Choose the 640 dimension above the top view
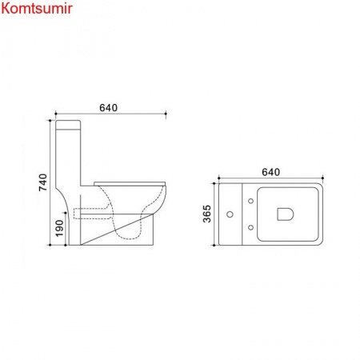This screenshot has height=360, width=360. click(x=272, y=170)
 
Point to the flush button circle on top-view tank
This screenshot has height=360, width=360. click(x=231, y=214)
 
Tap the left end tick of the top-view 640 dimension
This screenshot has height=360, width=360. click(x=219, y=178)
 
